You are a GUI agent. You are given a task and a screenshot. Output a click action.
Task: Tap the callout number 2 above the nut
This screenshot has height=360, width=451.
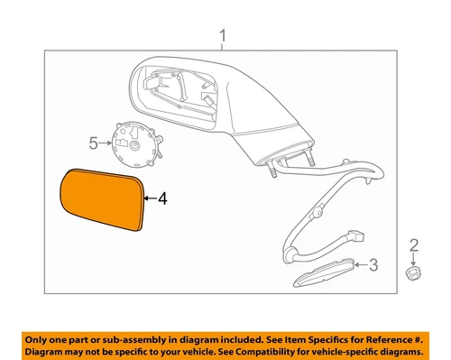pos(413,245)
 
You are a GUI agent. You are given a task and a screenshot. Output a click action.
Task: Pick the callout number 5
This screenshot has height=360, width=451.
pos(92,143)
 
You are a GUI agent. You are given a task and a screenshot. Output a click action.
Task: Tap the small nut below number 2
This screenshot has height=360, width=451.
pos(413,272)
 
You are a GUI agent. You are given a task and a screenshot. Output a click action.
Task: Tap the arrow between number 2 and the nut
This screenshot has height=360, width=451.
pos(413,257)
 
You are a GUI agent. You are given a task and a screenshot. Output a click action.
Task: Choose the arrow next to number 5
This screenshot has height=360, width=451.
pos(103,143)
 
